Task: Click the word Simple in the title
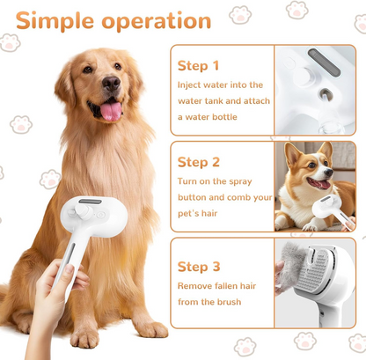pos(55,21)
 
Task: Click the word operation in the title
pos(157,21)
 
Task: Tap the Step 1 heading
pos(198,66)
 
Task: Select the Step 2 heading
pos(199,162)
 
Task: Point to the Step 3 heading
pos(199,267)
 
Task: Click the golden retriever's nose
pos(111,83)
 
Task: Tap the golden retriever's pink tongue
pos(111,112)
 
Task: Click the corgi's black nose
pos(329,173)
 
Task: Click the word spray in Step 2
pos(240,182)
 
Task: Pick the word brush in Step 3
pos(230,302)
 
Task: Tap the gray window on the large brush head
pos(90,202)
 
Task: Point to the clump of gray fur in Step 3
pos(293,261)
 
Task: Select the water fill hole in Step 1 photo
pos(326,94)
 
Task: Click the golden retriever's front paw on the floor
pos(84,337)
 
